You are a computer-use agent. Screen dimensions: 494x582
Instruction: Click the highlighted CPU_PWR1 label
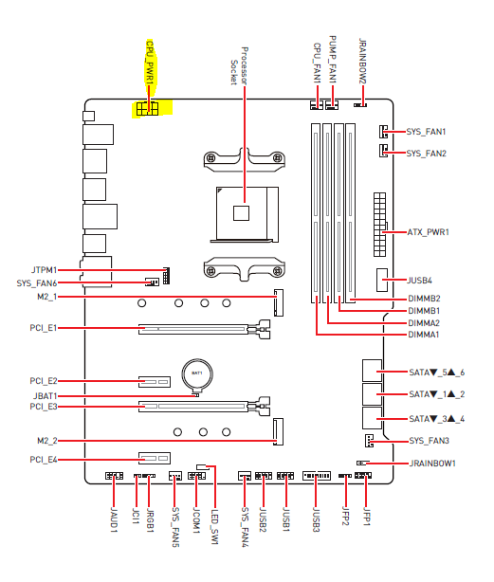150,63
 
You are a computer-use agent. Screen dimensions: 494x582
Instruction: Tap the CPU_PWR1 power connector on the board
148,109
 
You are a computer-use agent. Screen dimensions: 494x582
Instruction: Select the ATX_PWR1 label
428,232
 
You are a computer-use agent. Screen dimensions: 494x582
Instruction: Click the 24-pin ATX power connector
379,225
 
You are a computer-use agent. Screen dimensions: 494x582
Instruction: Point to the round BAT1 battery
197,374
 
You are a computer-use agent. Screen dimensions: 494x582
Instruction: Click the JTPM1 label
44,270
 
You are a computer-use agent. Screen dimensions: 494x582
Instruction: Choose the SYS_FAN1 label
426,132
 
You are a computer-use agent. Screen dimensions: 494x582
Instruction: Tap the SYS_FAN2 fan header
383,151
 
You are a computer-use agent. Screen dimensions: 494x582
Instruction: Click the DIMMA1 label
424,335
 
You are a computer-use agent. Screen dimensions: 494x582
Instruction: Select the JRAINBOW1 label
432,464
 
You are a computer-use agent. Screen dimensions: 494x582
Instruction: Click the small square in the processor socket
241,213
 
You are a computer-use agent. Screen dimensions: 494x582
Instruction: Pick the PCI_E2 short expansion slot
155,382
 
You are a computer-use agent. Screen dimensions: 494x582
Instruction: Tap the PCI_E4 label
44,460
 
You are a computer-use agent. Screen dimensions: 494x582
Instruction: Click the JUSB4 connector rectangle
382,280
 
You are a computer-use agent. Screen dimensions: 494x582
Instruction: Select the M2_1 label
47,297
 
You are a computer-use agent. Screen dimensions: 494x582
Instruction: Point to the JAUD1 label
114,520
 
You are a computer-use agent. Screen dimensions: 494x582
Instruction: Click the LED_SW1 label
214,526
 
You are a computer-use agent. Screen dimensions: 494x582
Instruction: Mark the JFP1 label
366,517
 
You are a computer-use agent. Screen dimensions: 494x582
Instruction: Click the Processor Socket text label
239,65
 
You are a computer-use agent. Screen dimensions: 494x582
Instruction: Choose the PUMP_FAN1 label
333,60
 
